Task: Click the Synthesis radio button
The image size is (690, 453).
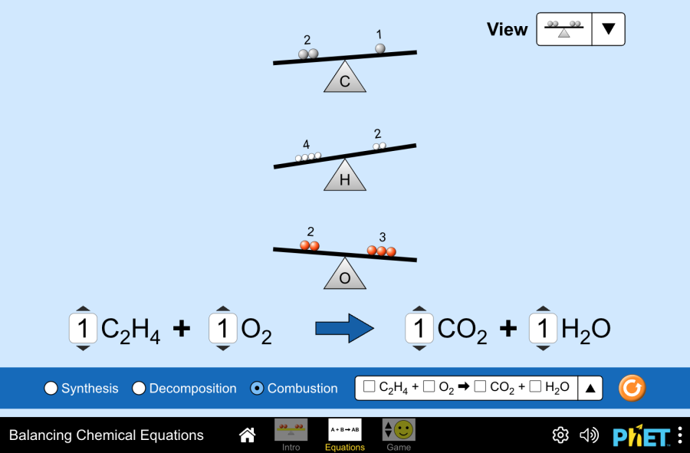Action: click(x=51, y=389)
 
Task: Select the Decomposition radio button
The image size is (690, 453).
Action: click(x=139, y=389)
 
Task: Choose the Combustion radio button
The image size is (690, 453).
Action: click(x=258, y=389)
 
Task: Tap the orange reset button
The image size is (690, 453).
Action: click(x=632, y=388)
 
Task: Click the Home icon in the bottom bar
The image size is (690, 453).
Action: click(x=247, y=435)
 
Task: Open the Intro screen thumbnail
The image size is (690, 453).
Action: click(x=291, y=430)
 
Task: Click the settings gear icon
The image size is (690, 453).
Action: click(x=560, y=435)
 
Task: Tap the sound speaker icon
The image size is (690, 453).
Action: click(x=589, y=435)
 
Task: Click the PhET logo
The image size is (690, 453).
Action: click(x=641, y=435)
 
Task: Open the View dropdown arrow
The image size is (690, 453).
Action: click(x=608, y=29)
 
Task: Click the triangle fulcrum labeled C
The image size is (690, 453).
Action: click(x=344, y=79)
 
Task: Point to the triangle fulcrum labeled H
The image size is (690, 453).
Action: click(x=344, y=177)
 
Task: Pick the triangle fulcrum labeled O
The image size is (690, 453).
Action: click(x=344, y=275)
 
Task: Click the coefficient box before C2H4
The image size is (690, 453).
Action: click(x=84, y=329)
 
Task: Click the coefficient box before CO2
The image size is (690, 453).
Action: click(x=419, y=329)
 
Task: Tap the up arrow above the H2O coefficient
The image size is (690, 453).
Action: click(x=544, y=310)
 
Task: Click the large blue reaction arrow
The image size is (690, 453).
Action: click(x=344, y=329)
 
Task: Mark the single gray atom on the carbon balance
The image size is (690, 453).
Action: click(x=380, y=48)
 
